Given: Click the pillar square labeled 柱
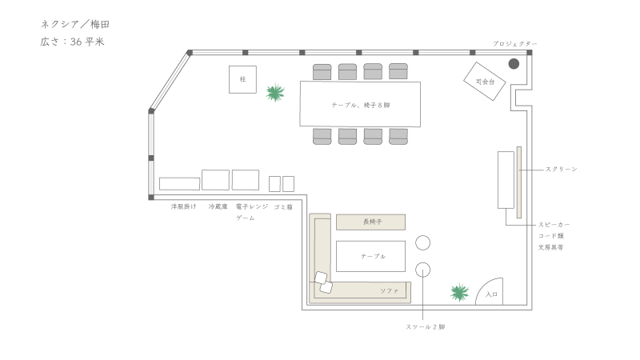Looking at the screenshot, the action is [x=242, y=79].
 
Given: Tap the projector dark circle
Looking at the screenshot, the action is [x=514, y=64].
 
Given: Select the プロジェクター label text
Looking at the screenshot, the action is [x=514, y=44].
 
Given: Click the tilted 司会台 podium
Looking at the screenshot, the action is [x=485, y=82].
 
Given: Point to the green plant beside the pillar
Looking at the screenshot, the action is [x=275, y=93].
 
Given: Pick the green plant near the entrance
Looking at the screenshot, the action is [x=459, y=292].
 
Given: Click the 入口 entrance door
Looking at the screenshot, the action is [x=490, y=291].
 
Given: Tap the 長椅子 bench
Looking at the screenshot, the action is [x=370, y=222].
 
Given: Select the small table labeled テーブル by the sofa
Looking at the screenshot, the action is [x=370, y=256].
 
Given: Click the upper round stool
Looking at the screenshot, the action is [x=423, y=243].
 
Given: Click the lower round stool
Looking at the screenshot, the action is [x=423, y=270].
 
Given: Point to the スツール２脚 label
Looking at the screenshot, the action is [x=426, y=327].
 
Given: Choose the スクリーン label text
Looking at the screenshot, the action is [x=562, y=169].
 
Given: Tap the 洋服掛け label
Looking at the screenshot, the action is [x=184, y=206].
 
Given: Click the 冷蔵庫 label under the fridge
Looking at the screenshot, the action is [x=218, y=206].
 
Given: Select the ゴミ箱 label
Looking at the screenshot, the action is [x=283, y=207].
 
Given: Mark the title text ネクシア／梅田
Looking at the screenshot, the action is [x=75, y=25].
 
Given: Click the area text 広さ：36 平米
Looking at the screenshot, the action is [x=72, y=42].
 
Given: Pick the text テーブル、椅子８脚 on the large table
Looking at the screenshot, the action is [x=361, y=106].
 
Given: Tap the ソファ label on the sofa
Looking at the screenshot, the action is [x=389, y=291].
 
